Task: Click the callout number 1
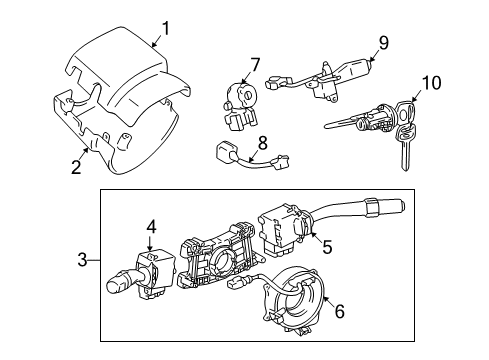click(x=167, y=29)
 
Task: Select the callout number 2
click(x=76, y=166)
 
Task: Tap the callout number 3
click(x=83, y=261)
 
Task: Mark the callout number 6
click(x=339, y=313)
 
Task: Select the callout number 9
click(x=383, y=43)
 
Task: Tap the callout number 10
click(x=431, y=81)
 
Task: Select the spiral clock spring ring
click(x=297, y=304)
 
